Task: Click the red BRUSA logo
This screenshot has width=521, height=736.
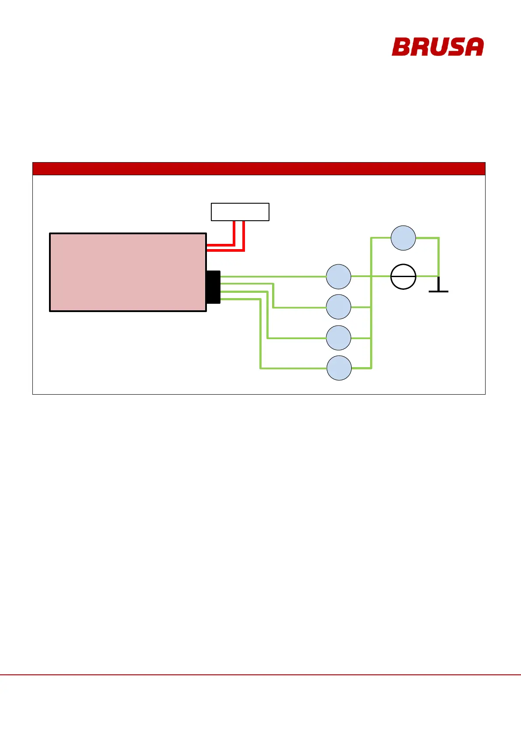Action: (437, 47)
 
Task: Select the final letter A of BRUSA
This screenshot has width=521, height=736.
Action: (474, 47)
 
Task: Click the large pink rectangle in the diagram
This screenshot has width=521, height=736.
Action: (128, 272)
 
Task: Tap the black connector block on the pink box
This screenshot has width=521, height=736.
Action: (213, 287)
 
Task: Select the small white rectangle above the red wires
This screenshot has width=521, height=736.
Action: (240, 212)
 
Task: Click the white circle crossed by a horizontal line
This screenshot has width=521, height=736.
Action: (403, 276)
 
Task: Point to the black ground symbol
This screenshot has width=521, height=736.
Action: (438, 288)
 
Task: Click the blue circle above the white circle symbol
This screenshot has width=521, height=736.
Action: (403, 238)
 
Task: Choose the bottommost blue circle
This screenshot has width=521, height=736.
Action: (339, 368)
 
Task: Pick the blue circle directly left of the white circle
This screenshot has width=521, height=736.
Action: (339, 276)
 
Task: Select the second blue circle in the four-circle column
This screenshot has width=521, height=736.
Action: (339, 307)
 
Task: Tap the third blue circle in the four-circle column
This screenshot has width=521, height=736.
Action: (339, 338)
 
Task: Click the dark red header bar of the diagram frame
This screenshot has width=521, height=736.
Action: (259, 169)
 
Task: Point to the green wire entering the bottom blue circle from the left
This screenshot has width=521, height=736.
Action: (293, 368)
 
